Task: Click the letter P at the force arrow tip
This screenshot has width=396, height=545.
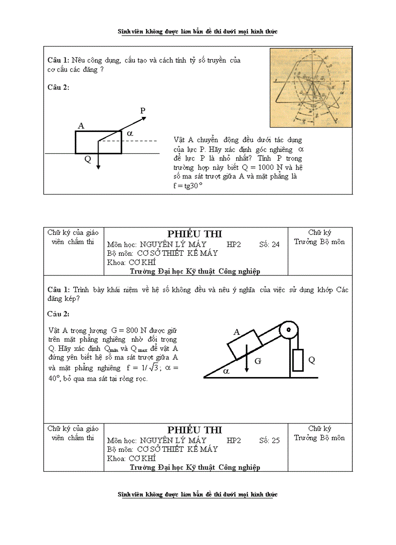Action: click(x=143, y=111)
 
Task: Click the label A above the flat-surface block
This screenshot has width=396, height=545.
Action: click(x=81, y=126)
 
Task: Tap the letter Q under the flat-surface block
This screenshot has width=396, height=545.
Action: click(x=88, y=158)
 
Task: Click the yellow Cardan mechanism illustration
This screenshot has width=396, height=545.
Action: click(x=311, y=87)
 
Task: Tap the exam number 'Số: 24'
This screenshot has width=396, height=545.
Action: click(x=269, y=245)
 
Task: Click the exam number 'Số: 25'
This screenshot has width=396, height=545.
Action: click(x=269, y=441)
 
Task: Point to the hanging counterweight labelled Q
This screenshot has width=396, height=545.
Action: click(x=298, y=360)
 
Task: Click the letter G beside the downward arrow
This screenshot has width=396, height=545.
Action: click(x=258, y=361)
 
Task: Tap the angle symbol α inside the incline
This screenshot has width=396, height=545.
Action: click(x=226, y=370)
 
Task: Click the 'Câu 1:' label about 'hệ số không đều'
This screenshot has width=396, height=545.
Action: click(x=59, y=289)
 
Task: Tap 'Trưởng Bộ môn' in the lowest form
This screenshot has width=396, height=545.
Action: click(x=319, y=438)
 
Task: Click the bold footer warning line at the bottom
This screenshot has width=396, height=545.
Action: click(x=198, y=495)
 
